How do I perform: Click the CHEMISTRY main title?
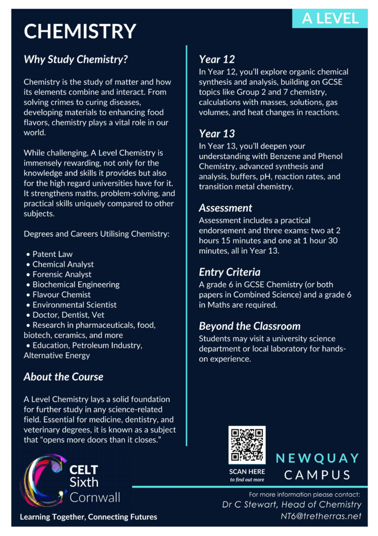(x=80, y=31)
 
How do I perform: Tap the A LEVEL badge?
(x=330, y=18)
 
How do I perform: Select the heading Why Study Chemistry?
(x=76, y=59)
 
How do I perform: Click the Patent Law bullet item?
(x=52, y=254)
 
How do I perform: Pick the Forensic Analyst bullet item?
(x=62, y=274)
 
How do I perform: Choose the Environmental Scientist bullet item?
(x=74, y=305)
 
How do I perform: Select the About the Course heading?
(x=63, y=377)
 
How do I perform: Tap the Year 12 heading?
(x=217, y=59)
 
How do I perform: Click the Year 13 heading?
(x=217, y=133)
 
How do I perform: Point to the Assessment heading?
(x=225, y=208)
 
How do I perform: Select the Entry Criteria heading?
(x=229, y=272)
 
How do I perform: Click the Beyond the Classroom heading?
(x=250, y=326)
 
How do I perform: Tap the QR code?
(x=247, y=444)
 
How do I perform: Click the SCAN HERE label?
(x=247, y=471)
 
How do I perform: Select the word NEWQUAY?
(x=318, y=458)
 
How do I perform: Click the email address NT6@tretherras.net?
(x=321, y=516)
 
